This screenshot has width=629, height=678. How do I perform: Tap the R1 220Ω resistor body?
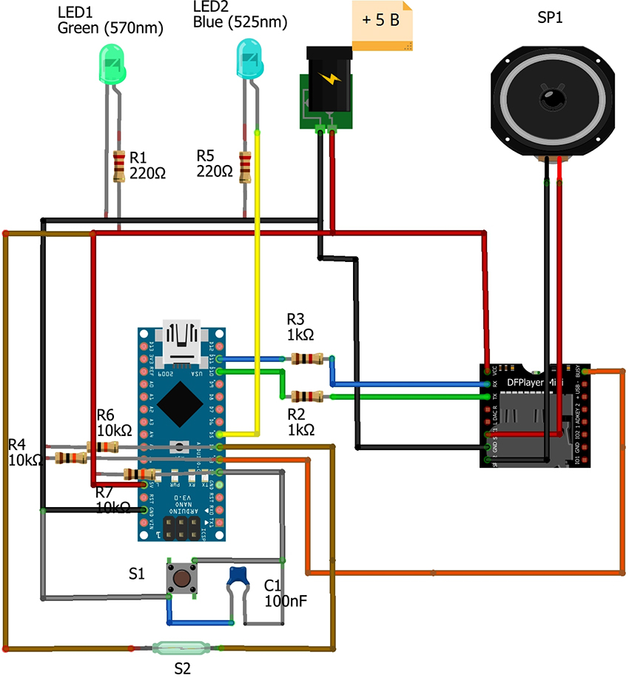click(x=118, y=167)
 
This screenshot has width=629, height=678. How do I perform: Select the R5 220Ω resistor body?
click(x=246, y=166)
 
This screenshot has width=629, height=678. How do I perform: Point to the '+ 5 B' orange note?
click(x=382, y=22)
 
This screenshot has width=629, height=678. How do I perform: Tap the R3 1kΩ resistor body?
click(x=306, y=359)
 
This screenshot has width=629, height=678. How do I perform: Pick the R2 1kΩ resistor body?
click(x=306, y=396)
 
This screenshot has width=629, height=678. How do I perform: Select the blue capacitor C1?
click(x=238, y=576)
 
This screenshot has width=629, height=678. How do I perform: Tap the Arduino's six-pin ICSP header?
click(x=182, y=527)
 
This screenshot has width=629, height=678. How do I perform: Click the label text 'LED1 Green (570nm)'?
click(x=110, y=21)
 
